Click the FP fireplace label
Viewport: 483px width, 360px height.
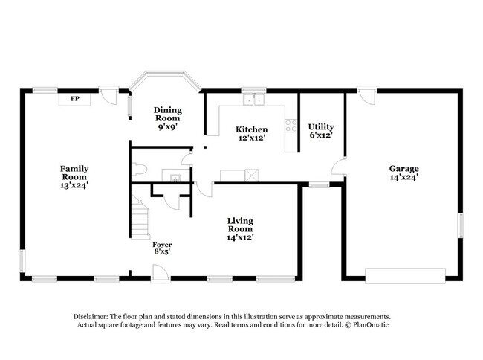(75, 99)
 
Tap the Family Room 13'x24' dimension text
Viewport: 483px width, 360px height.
(74, 185)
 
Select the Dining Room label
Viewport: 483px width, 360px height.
(168, 114)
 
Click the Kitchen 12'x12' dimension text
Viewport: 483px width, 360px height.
(252, 138)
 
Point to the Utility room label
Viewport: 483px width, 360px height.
(321, 126)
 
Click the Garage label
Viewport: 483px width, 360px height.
(403, 168)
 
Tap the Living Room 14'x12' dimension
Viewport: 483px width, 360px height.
(240, 237)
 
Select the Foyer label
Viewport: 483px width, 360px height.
(162, 245)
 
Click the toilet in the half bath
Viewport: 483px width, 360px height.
(139, 170)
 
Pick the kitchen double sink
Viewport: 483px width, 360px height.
(254, 100)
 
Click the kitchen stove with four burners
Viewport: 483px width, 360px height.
(291, 126)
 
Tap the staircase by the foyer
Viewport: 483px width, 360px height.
(140, 217)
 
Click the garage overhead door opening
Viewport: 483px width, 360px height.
(405, 275)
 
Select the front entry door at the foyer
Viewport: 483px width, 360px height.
(161, 274)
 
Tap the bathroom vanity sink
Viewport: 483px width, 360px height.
(175, 178)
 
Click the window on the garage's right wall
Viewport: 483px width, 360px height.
(461, 225)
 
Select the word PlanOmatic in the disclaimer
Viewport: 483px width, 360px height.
(371, 324)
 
